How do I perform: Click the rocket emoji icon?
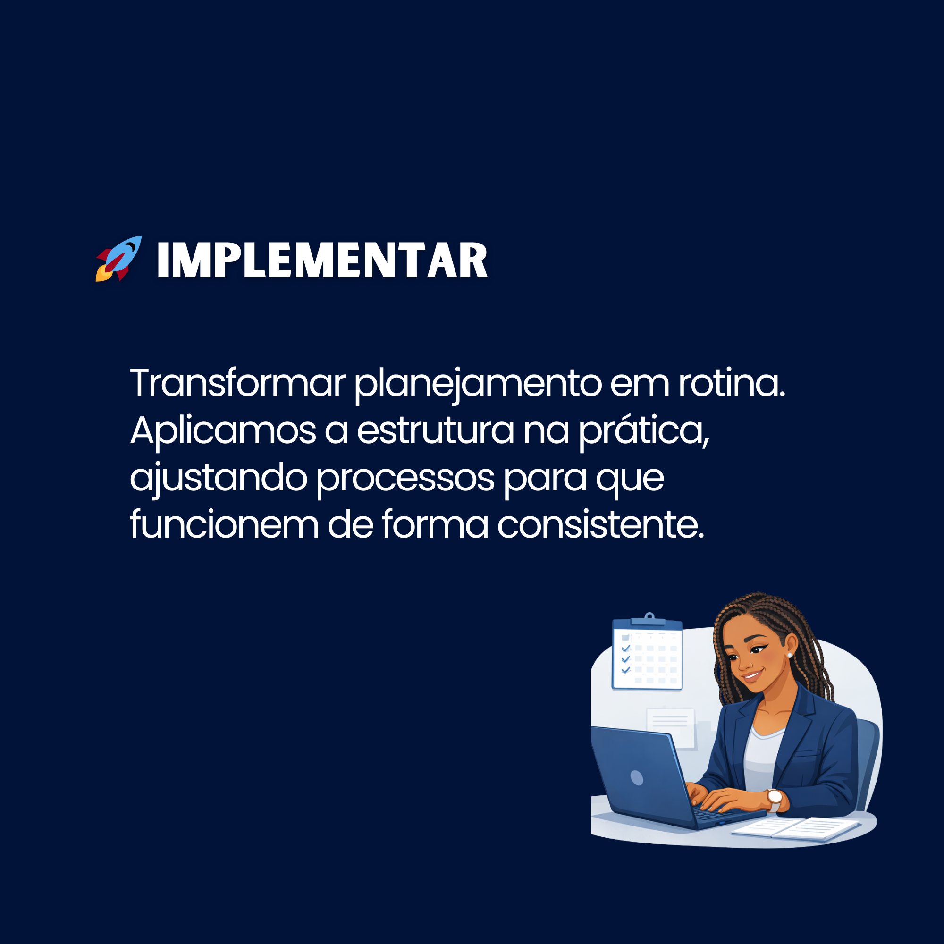click(119, 259)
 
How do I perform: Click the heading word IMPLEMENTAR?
click(322, 261)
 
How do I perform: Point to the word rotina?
click(732, 383)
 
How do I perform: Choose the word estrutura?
click(435, 431)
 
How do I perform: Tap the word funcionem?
click(224, 524)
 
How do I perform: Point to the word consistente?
click(600, 525)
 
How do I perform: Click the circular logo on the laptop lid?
click(637, 777)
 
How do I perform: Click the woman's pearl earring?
click(790, 655)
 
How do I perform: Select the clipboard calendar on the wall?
click(648, 653)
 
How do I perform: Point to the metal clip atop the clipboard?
click(649, 619)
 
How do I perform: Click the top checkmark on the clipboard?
click(626, 649)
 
